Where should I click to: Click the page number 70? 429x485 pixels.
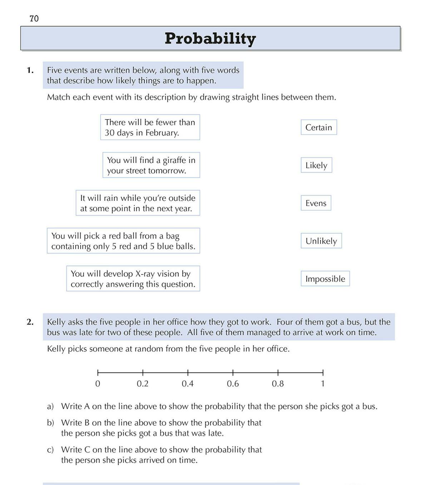(x=34, y=19)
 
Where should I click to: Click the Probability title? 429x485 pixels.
(x=210, y=38)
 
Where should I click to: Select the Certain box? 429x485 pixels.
(x=319, y=127)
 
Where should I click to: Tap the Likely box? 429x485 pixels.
(x=316, y=165)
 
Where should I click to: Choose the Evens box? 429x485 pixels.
(x=316, y=203)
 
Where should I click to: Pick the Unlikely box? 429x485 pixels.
(x=321, y=241)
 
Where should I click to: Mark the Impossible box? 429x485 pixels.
(x=325, y=279)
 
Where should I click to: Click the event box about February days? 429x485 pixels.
(x=150, y=127)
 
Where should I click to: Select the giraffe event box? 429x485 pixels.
(x=151, y=165)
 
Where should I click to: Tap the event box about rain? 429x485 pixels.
(x=138, y=203)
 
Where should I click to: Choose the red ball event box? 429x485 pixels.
(x=123, y=241)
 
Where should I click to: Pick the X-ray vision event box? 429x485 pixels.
(x=133, y=279)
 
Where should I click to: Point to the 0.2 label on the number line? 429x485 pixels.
(x=143, y=384)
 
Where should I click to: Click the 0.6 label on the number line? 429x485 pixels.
(x=233, y=384)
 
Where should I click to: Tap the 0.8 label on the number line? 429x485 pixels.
(x=278, y=384)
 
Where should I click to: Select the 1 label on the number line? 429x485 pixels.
(x=322, y=384)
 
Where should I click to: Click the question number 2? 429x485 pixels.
(x=30, y=322)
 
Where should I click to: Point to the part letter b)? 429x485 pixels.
(x=50, y=423)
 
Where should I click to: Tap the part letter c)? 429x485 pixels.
(x=50, y=450)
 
